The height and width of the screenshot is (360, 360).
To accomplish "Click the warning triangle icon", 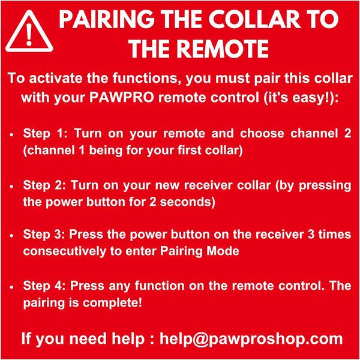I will click(x=29, y=33).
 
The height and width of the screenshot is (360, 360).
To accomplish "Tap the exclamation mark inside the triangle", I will click(x=29, y=35).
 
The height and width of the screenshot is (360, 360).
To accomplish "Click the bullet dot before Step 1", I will click(x=13, y=134).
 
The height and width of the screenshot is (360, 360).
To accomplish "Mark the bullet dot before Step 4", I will click(x=13, y=286).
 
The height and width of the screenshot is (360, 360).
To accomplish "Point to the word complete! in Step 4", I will click(x=118, y=302).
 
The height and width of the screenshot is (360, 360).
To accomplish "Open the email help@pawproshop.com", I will click(x=251, y=338).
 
